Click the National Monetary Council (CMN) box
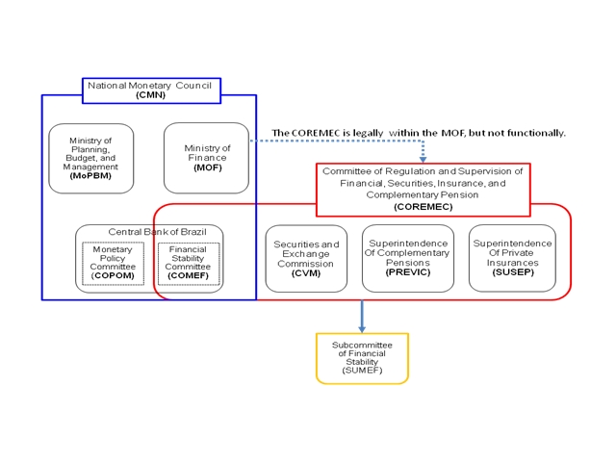151,90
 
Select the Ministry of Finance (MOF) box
206,158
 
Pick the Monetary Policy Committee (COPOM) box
113,263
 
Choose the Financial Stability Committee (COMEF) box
188,263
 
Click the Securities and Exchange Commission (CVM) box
306,258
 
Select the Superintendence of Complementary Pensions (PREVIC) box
408,258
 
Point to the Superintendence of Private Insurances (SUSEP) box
512,258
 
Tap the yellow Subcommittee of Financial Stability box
362,358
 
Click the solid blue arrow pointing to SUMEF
362,317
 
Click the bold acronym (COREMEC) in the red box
423,207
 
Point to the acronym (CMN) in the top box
151,95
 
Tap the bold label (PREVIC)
408,272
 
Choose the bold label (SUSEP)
512,271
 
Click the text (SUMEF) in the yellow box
362,372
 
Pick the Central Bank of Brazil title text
149,232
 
